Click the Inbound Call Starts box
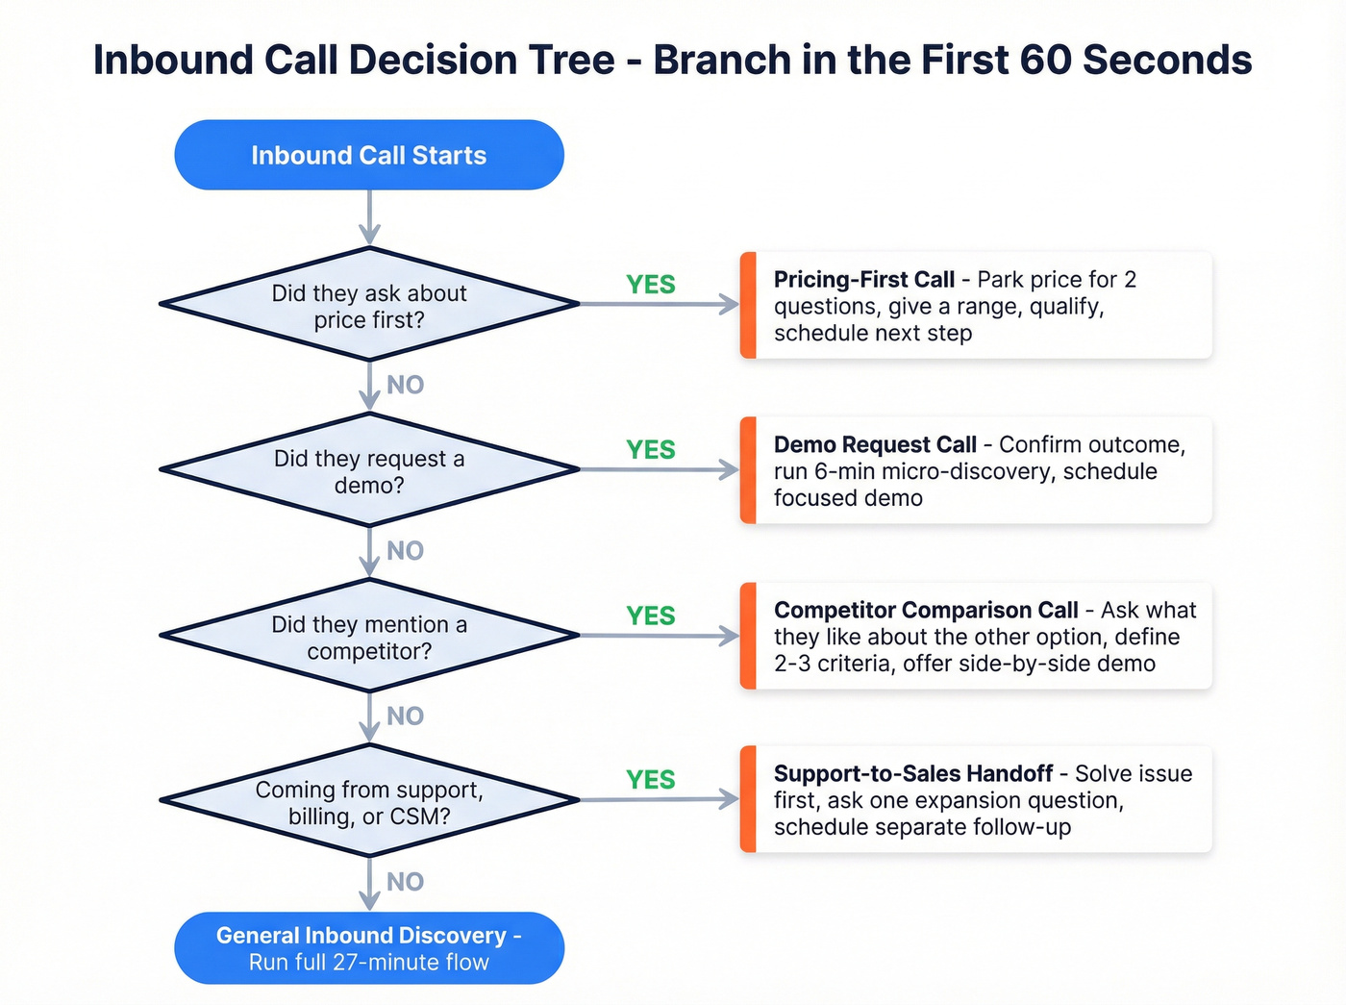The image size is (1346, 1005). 369,155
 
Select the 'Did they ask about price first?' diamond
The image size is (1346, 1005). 369,305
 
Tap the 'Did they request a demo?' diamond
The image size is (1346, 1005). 369,470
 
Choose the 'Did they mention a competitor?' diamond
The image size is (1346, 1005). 369,636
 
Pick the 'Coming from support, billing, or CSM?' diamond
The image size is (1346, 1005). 369,801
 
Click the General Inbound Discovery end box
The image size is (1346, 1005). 369,948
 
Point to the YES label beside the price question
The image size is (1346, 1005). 651,285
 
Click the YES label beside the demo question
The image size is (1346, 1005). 651,450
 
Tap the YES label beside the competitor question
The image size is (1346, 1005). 651,616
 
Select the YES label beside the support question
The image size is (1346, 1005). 651,780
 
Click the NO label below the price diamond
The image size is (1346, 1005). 405,386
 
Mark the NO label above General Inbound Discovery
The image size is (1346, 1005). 405,882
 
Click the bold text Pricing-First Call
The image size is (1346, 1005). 863,280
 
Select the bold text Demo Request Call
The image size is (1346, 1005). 875,445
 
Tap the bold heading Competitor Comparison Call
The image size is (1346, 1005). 926,611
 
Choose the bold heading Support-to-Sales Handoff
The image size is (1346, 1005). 913,774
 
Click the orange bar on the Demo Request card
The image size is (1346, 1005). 748,470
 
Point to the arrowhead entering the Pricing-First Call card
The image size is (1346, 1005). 730,305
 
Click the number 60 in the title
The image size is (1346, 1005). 1044,60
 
